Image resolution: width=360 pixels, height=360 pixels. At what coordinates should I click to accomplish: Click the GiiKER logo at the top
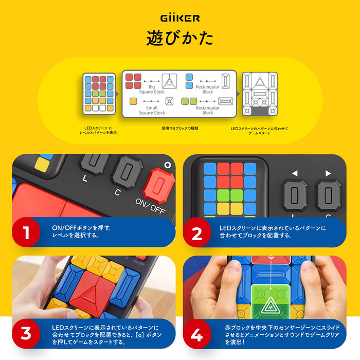coord(180,18)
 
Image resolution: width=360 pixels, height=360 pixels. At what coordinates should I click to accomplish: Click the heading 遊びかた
coord(180,38)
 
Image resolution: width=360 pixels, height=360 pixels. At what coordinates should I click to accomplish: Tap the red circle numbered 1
coord(26,232)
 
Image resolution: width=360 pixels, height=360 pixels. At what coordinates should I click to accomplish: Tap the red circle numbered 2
coord(197,232)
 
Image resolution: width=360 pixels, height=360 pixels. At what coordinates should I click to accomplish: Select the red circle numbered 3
coord(26,333)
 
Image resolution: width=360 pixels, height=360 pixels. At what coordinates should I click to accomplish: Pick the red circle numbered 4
coord(197,334)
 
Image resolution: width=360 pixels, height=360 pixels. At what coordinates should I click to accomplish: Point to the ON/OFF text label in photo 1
coord(150,206)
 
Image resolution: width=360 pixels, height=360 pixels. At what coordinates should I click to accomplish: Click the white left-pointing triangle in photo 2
coord(295,173)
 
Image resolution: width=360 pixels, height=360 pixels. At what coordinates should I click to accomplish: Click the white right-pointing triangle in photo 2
coord(328,173)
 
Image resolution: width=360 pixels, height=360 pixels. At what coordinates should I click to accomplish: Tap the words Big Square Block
coord(152,89)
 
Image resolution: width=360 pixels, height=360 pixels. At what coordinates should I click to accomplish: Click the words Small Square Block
coord(152,111)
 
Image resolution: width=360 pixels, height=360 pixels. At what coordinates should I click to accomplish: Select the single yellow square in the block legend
coord(133,101)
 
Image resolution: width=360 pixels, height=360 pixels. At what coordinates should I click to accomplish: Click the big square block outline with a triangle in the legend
coord(169,81)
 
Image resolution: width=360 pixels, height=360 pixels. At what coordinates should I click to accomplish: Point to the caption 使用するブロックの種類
coord(180,129)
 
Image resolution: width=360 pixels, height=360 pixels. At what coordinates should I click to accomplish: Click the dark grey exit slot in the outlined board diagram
coord(260,111)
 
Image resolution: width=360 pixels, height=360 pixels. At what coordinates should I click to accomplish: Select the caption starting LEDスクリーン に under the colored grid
coord(98,131)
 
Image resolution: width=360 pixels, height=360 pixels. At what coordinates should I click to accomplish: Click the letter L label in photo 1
coord(85,178)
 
